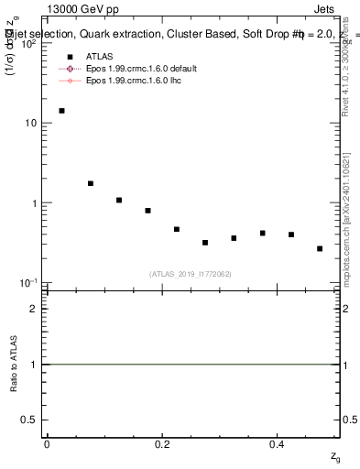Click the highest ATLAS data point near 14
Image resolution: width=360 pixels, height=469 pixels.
pos(61,111)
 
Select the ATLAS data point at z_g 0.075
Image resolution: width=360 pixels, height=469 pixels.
pos(91,183)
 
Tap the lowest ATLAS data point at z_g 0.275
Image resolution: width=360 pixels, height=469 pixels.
pos(205,243)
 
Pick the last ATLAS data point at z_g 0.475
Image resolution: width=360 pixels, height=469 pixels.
pos(320,248)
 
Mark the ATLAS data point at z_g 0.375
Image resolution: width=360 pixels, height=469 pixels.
pos(262,233)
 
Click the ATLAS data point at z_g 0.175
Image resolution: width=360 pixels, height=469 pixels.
pos(147,211)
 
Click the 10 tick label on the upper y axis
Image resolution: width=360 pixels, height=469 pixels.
pos(30,123)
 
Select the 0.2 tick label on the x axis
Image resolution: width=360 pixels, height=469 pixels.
pos(162,444)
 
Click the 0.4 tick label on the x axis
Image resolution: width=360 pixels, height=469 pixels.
pos(277,444)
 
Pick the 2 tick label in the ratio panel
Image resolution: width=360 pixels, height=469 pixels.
pos(34,309)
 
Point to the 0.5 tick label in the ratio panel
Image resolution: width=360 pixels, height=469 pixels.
pos(29,420)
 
